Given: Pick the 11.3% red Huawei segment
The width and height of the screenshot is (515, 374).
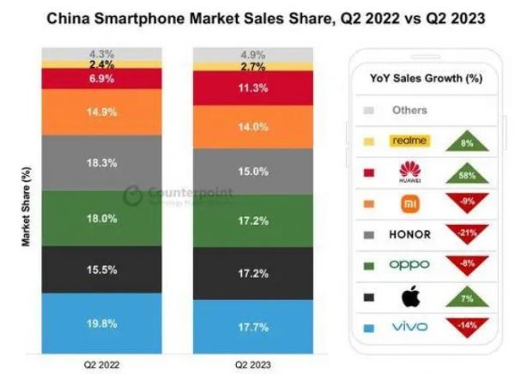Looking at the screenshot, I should pos(254,87).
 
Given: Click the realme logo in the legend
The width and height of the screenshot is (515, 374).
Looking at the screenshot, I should pos(409,140).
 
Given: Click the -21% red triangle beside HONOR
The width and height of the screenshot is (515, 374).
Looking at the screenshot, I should pos(467,234).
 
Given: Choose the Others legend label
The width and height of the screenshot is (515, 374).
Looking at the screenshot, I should pos(409,110).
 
